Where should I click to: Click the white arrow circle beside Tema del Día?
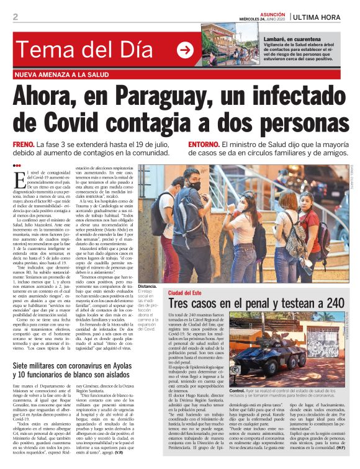[x=185, y=50]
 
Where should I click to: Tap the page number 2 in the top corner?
[x=15, y=17]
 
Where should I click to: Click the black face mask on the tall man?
[x=194, y=185]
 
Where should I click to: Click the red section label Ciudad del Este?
[x=186, y=292]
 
